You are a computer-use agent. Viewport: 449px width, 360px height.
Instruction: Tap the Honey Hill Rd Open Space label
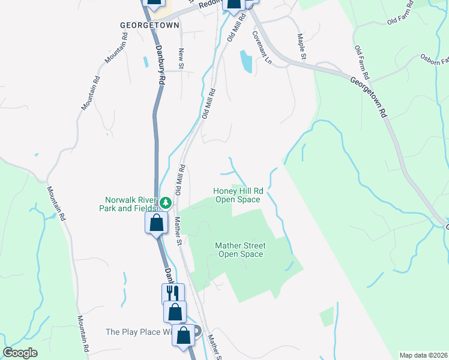pyautogui.click(x=238, y=195)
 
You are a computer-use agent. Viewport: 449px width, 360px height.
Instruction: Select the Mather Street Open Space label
pyautogui.click(x=240, y=250)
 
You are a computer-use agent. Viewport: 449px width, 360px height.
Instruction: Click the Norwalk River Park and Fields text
pyautogui.click(x=131, y=204)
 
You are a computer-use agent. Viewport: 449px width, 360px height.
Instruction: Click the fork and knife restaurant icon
pyautogui.click(x=173, y=293)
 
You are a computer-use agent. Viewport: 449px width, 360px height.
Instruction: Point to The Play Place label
pyautogui.click(x=139, y=332)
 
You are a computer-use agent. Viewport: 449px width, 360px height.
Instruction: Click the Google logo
pyautogui.click(x=20, y=353)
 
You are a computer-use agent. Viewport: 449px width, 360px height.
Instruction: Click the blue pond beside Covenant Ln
pyautogui.click(x=246, y=61)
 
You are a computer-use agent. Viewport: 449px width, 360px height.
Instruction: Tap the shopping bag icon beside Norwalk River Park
pyautogui.click(x=156, y=223)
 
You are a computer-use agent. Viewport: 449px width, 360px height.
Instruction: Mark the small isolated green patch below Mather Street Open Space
pyautogui.click(x=327, y=316)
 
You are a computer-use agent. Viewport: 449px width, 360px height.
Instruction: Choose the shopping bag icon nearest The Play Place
pyautogui.click(x=184, y=335)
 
